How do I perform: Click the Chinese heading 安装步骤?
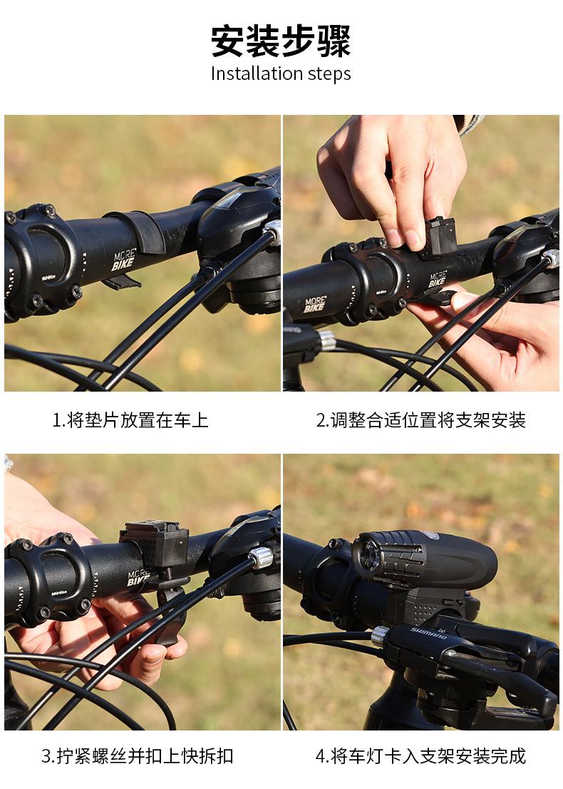[281, 41]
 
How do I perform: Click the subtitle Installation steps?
[281, 73]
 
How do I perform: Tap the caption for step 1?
[130, 419]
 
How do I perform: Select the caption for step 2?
[421, 419]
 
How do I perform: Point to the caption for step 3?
[138, 755]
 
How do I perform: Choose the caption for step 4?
[421, 755]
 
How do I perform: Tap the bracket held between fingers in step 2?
[438, 237]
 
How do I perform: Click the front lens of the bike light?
[366, 556]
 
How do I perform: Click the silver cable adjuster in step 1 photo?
[273, 231]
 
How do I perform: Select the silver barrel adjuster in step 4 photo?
[381, 636]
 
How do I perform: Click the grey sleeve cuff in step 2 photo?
[469, 125]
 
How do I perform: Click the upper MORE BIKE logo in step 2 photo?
[437, 278]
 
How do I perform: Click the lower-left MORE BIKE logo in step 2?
[315, 304]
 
